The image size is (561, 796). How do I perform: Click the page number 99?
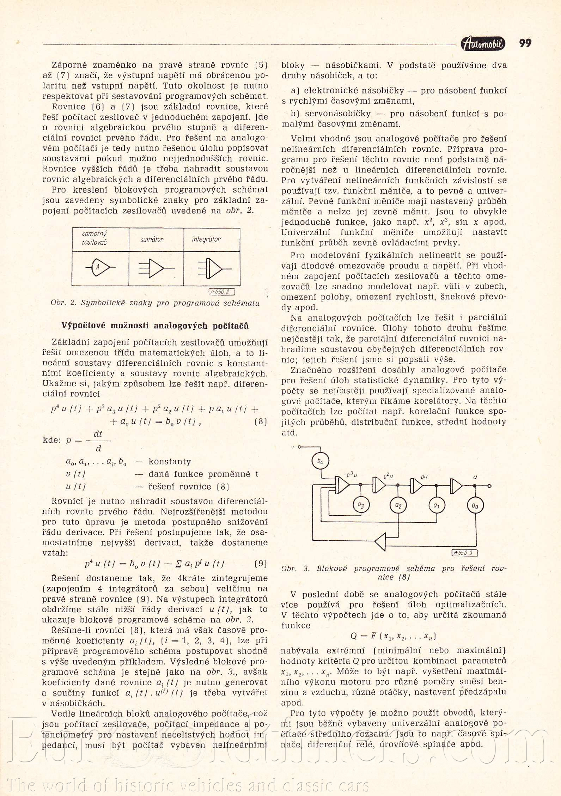(525, 43)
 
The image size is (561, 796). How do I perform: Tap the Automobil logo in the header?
(483, 44)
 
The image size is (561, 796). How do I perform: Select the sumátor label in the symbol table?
(152, 239)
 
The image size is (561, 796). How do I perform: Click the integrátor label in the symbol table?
(206, 239)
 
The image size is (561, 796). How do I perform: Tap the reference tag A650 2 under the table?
(222, 292)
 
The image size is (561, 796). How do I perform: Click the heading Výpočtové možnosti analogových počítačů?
(155, 326)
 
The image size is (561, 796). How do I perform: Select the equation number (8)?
(261, 421)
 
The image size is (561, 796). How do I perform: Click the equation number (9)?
(261, 564)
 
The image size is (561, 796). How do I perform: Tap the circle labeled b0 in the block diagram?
(320, 461)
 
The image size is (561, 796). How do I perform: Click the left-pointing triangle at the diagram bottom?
(381, 541)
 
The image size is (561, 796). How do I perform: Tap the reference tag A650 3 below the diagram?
(465, 553)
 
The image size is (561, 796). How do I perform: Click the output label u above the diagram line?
(475, 477)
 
